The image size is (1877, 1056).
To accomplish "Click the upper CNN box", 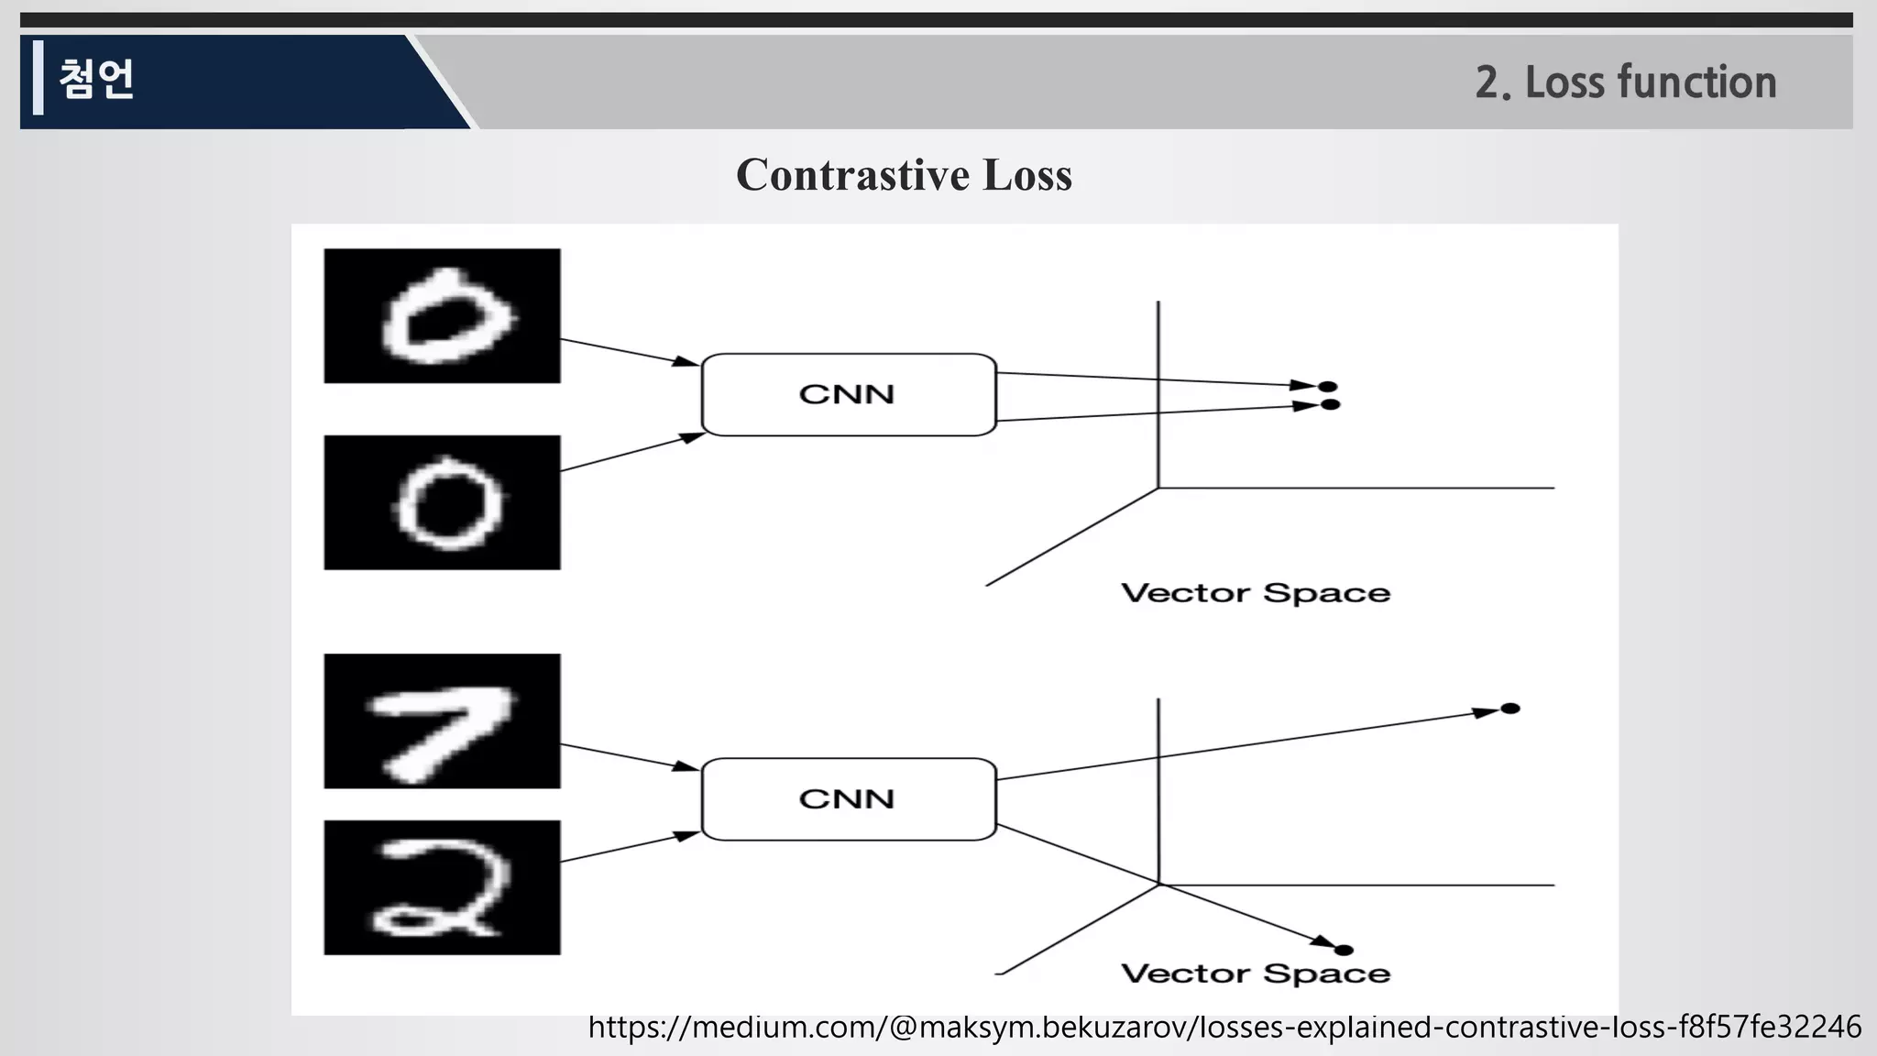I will (848, 394).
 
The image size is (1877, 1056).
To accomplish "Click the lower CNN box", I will (848, 798).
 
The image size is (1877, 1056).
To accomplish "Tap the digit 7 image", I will (442, 720).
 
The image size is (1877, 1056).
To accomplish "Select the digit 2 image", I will (442, 887).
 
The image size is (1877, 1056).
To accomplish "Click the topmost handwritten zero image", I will (442, 315).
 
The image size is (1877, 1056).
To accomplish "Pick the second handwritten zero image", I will (442, 502).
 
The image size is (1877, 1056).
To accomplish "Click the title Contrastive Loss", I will (904, 174).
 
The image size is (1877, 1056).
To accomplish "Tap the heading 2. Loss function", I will (1625, 82).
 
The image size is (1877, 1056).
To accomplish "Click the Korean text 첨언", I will (97, 79).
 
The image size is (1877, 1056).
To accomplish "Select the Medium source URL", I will (1224, 1027).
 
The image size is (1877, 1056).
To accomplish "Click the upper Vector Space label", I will (1256, 593).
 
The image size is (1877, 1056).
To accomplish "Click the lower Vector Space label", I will (1256, 973).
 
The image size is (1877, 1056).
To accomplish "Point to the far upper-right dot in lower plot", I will (1510, 709).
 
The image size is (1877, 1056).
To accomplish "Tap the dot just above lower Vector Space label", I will (1345, 950).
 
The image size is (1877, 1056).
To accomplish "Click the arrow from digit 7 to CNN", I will (630, 757).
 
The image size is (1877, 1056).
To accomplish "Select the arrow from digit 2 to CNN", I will (630, 848).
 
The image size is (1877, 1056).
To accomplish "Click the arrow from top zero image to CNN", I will (630, 353).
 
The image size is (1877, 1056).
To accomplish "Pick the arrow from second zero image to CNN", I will (630, 454).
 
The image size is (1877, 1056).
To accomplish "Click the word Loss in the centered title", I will (1026, 174).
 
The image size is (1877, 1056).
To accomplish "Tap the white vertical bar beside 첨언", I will (38, 78).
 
